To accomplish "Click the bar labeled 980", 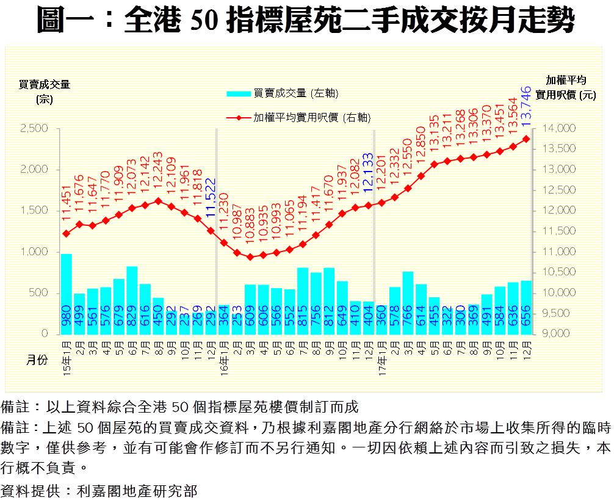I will [x=67, y=294].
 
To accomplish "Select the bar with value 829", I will [x=132, y=300].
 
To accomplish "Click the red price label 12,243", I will [x=159, y=173].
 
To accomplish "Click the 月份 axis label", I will [x=36, y=361].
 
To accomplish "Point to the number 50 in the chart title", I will [x=204, y=22].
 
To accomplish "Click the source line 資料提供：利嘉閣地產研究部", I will [x=99, y=490].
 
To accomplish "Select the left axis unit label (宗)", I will [x=44, y=100].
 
